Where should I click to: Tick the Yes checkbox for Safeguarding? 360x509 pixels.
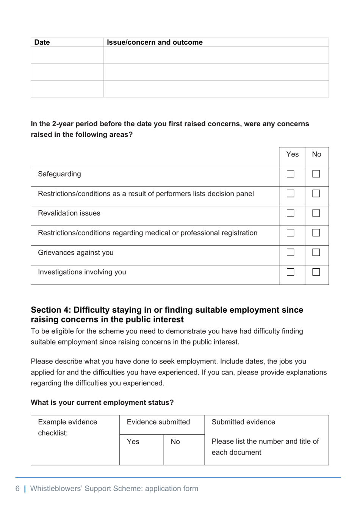290,174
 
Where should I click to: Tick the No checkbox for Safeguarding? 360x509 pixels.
316,174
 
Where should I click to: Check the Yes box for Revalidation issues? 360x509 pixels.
290,213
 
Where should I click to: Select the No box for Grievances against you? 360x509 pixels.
316,252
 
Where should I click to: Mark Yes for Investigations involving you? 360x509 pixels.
290,272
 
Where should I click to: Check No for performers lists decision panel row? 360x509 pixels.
316,194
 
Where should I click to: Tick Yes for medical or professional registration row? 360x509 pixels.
290,233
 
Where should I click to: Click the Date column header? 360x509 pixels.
42,42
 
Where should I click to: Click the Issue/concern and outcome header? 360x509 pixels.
155,42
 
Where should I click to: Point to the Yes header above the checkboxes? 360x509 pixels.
292,154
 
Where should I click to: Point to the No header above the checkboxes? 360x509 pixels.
316,154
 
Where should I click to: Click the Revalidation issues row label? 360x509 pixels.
69,213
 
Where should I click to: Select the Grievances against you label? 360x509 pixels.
75,253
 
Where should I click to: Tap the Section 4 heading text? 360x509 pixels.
167,315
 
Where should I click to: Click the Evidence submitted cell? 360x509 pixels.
158,422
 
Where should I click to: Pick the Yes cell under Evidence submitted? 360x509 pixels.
133,442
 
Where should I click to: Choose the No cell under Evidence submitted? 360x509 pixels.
175,442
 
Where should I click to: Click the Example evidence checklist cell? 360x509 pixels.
67,428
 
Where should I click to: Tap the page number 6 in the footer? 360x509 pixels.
17,489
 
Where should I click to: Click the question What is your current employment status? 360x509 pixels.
102,403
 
